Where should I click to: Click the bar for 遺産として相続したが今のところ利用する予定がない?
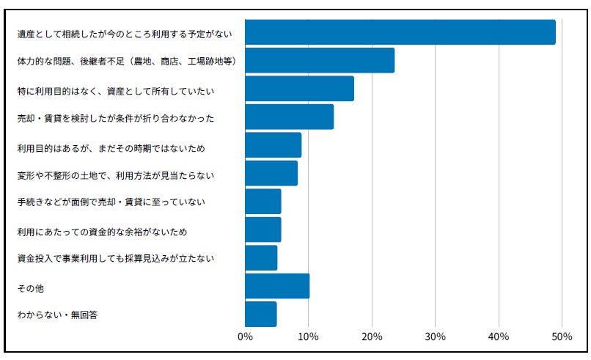tap(400, 33)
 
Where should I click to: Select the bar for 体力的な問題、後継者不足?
tap(320, 60)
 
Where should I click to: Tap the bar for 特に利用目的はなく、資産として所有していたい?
tap(299, 89)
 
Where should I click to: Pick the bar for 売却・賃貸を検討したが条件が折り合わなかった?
tap(289, 117)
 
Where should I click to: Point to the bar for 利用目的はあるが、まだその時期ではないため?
tap(273, 145)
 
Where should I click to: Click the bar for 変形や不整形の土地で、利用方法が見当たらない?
tap(271, 173)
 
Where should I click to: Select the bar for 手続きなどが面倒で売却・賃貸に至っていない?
tap(263, 202)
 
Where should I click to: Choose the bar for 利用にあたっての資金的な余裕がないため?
tap(263, 229)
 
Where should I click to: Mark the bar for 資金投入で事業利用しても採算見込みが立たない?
tap(261, 258)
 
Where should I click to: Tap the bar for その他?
tap(277, 286)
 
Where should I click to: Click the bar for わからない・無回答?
tap(260, 314)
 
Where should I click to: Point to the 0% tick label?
tap(245, 337)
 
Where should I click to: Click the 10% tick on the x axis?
tap(308, 337)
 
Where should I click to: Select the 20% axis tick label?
tap(372, 337)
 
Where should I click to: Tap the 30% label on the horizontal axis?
tap(435, 337)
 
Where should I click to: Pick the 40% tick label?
tap(499, 337)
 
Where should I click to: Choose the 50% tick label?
tap(562, 337)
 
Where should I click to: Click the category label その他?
tap(30, 289)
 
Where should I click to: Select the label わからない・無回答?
tap(57, 315)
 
